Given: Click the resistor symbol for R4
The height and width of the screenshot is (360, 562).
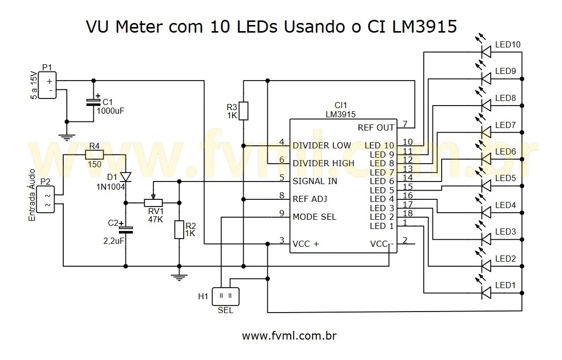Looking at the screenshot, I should coord(94,155).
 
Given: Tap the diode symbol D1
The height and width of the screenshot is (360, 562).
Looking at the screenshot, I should coord(125,177).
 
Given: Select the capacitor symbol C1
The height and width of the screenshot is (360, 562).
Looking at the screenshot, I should coord(93,101).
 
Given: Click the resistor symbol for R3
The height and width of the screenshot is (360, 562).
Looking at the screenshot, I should coord(243,111).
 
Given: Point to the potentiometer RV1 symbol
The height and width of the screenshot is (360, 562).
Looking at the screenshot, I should coord(154,202).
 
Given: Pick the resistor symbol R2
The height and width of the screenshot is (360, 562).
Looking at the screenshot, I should coord(179,229).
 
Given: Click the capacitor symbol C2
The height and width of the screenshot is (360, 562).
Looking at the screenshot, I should coord(125,229).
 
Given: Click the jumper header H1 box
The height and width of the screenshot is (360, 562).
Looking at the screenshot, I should coord(225,295).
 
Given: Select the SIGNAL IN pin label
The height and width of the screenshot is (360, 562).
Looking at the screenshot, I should coord(315,181).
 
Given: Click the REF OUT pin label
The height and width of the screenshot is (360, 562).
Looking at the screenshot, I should coord(376,127).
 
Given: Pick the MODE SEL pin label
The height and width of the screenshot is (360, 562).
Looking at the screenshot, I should coord(314,217).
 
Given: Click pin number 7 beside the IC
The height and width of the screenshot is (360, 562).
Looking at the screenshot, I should coord(404,124).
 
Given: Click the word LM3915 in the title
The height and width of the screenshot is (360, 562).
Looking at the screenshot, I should coord(424,27).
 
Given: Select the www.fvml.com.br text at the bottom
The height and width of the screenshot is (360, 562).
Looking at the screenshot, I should coord(289,336).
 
